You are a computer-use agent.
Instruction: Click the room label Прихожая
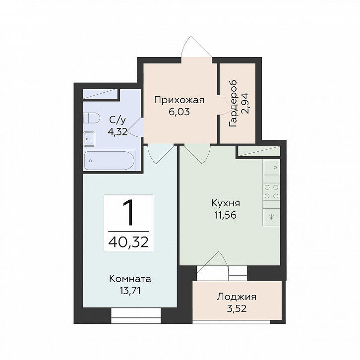tap(179, 101)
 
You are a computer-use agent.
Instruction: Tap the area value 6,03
tap(179, 112)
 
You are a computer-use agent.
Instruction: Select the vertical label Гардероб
tap(233, 104)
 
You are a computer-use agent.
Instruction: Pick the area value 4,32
tap(118, 132)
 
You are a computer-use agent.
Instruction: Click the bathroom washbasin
tap(89, 139)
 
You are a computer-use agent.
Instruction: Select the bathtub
tap(110, 161)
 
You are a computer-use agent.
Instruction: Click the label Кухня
tap(226, 203)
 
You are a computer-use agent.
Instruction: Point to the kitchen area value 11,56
tap(226, 215)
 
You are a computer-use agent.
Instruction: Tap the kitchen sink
tap(271, 168)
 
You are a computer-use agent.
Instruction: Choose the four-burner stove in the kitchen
tap(271, 192)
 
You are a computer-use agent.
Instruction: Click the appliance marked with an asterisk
tap(271, 217)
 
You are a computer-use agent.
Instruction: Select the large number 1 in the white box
tap(128, 212)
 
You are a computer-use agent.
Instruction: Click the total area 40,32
tap(128, 242)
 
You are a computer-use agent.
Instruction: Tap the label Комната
tap(130, 279)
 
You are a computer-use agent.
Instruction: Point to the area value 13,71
tap(130, 291)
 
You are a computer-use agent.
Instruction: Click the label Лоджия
tap(237, 297)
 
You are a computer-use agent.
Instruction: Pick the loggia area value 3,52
tap(237, 308)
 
